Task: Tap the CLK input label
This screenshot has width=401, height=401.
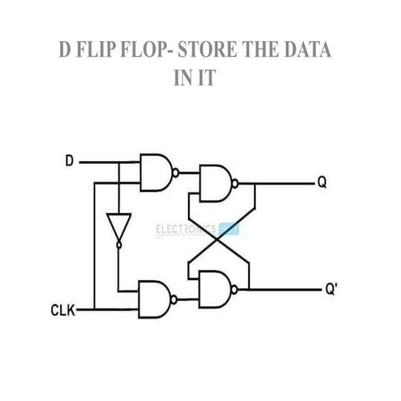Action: pos(62,311)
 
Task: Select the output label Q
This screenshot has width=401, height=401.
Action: pos(322,183)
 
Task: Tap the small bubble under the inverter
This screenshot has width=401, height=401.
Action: pos(117,246)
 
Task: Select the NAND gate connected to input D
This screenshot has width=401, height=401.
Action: pos(156,172)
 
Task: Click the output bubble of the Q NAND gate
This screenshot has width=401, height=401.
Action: pos(240,182)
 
